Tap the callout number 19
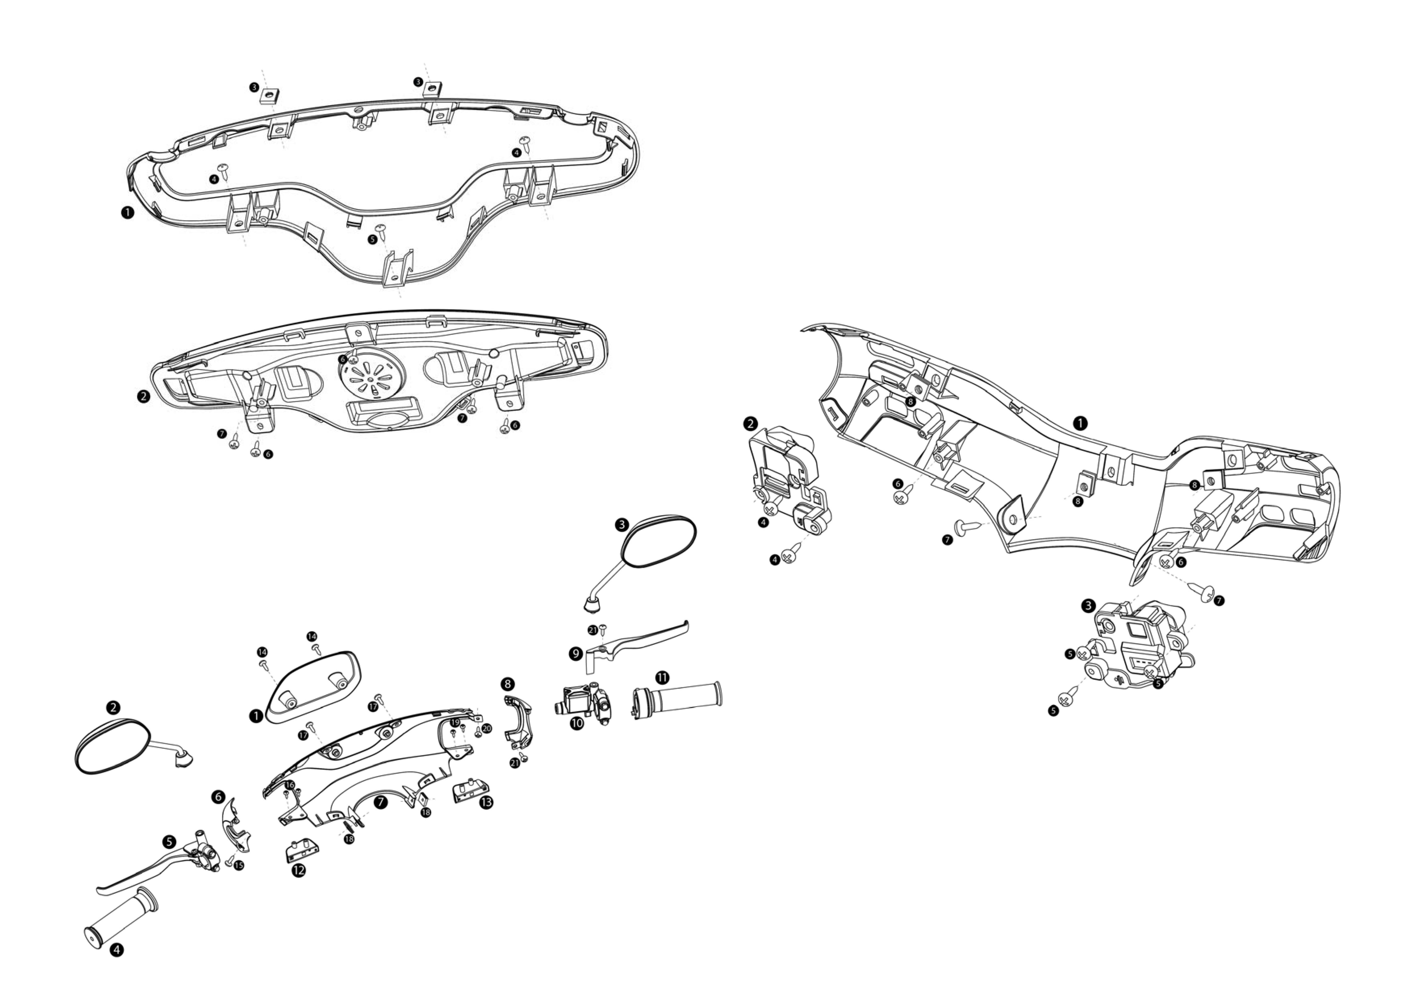click(x=455, y=722)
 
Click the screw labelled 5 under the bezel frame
click(x=380, y=231)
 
